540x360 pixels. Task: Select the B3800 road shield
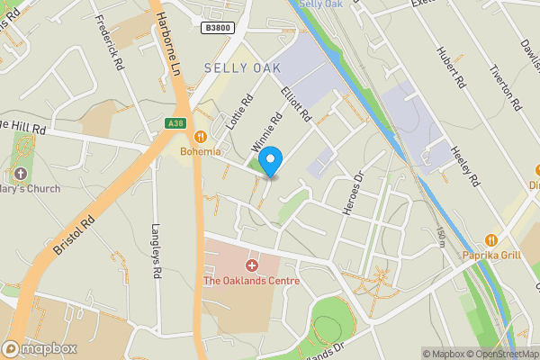[x=216, y=29]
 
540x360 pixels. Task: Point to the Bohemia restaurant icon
[x=201, y=137]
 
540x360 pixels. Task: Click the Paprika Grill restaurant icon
[x=491, y=240]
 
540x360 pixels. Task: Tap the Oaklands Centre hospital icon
[x=252, y=265]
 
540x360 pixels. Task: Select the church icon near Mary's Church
[x=20, y=173]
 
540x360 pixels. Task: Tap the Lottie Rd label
[x=238, y=113]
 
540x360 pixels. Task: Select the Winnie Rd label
[x=267, y=131]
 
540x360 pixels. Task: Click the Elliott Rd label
[x=296, y=104]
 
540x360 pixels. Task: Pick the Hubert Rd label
[x=449, y=67]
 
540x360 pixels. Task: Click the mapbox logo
[x=40, y=349]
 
